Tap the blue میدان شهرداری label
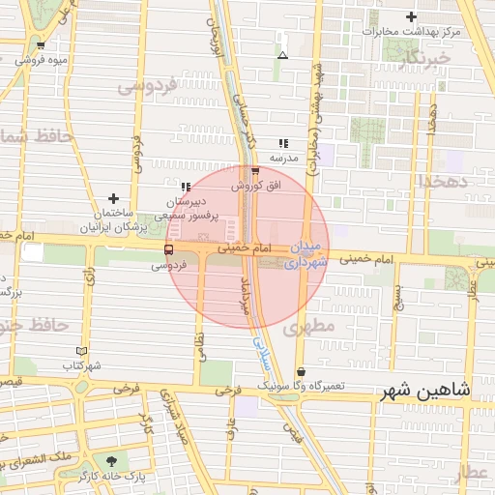pos(310,255)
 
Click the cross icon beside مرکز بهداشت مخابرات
pos(412,16)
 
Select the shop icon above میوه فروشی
pos(40,45)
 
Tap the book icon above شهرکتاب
pos(81,351)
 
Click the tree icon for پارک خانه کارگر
pos(115,461)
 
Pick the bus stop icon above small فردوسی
pos(169,249)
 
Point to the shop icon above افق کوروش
pos(254,171)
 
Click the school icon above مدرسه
pos(283,143)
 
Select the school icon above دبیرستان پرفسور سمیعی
pos(185,186)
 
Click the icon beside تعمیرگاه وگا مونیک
pos(302,371)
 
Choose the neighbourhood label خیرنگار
pos(423,57)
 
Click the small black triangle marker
pos(282,56)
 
